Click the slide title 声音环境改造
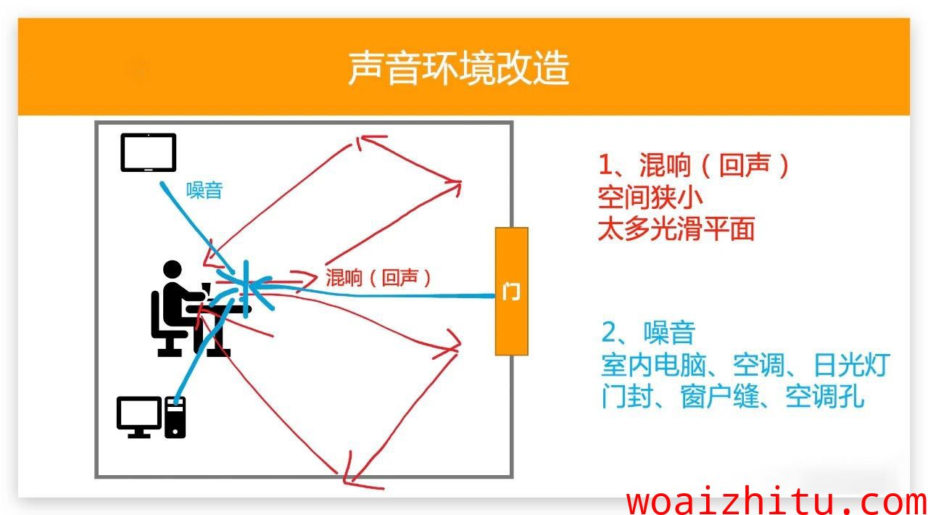[459, 68]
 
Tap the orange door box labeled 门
[512, 291]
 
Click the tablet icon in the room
[149, 152]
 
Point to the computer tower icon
[175, 417]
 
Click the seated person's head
[173, 270]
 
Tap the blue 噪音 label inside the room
[204, 191]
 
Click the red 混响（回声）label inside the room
[378, 277]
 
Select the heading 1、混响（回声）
[694, 165]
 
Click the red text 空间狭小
[650, 197]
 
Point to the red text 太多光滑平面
[676, 228]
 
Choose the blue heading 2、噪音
[648, 332]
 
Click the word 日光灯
[852, 365]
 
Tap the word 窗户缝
[719, 397]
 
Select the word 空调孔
[825, 397]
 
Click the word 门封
[627, 397]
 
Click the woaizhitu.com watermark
[776, 502]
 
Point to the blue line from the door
[373, 295]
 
